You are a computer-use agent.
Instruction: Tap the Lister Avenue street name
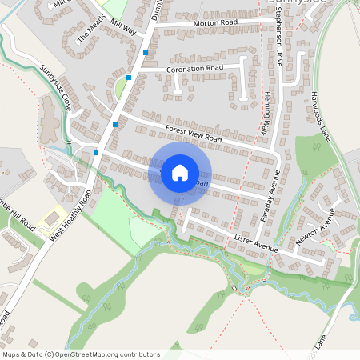click(x=256, y=244)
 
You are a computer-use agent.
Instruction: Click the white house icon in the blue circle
click(x=180, y=172)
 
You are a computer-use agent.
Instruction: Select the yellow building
click(x=54, y=215)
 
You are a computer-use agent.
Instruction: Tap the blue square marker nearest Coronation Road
click(x=129, y=78)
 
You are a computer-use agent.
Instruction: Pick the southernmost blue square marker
click(x=96, y=151)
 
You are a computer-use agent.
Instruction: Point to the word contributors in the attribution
click(x=136, y=354)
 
